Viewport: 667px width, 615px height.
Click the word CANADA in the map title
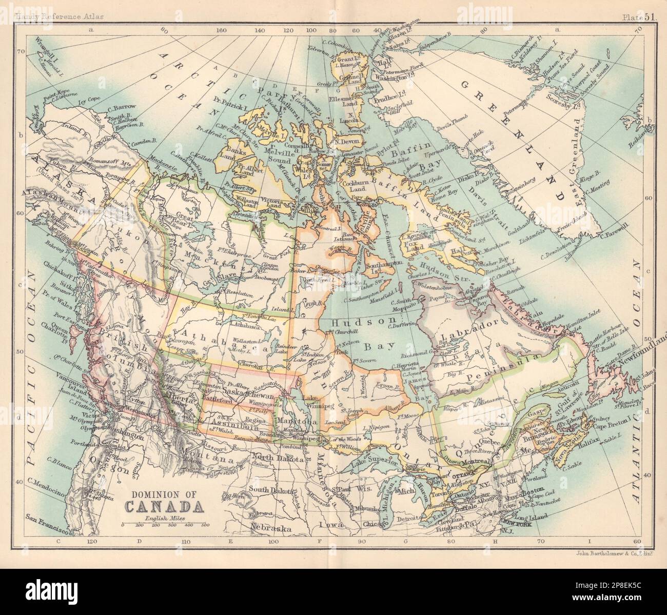click(x=163, y=507)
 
